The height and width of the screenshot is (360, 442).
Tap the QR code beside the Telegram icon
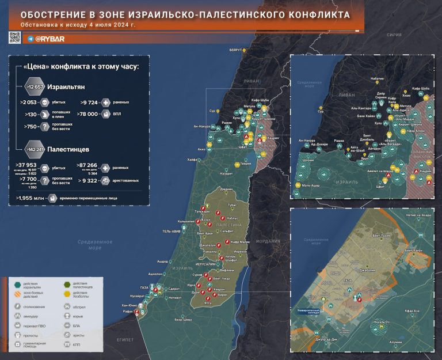14,38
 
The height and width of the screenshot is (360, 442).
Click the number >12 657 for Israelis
35,86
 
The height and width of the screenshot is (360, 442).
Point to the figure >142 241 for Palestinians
35,149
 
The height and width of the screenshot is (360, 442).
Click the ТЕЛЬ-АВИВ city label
173,232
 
